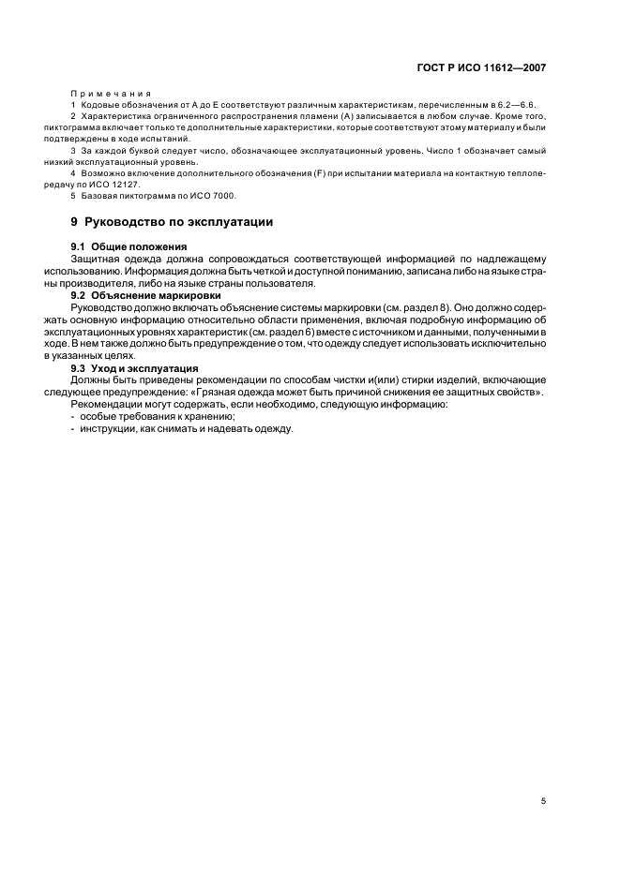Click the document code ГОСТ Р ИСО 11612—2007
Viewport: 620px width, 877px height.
click(x=483, y=67)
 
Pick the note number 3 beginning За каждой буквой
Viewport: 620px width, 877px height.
click(x=73, y=151)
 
